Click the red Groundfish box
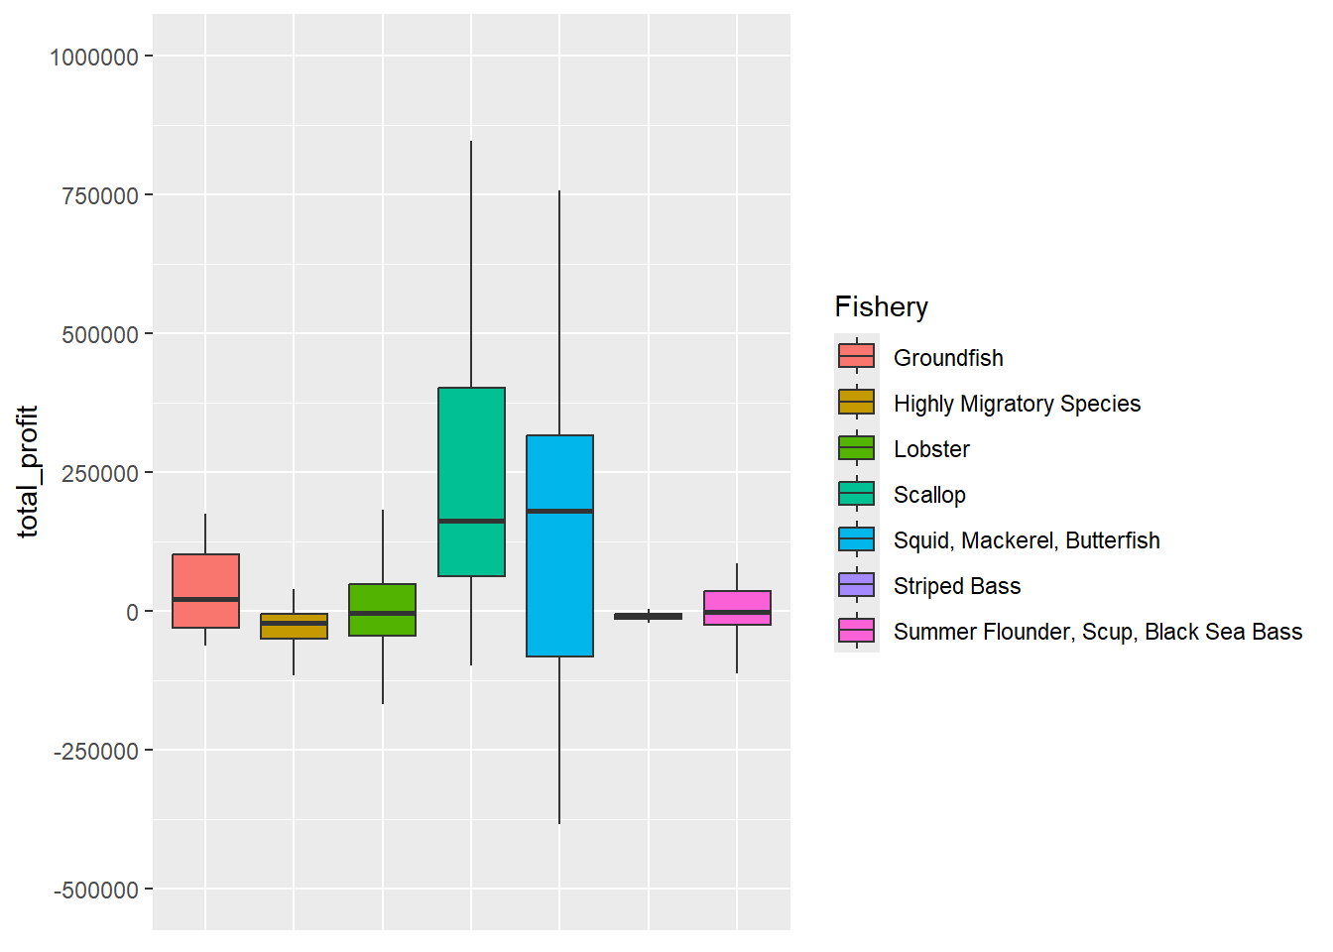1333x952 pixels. click(205, 575)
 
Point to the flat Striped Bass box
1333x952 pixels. click(648, 616)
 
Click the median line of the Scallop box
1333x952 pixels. click(471, 521)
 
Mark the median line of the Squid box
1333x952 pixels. click(559, 511)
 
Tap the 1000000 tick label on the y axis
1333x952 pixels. click(94, 57)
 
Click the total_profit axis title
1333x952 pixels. click(28, 472)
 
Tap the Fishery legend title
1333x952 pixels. click(881, 307)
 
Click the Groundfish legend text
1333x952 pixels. click(948, 358)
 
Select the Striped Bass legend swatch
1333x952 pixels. click(857, 585)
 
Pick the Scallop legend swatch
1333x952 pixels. click(857, 494)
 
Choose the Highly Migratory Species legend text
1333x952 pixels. click(1017, 404)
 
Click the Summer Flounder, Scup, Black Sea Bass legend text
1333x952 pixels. click(1097, 632)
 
